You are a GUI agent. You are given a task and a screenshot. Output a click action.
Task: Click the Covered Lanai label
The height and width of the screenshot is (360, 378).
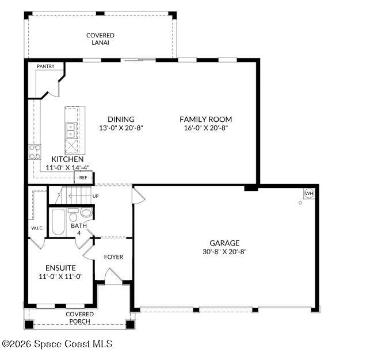click(x=100, y=39)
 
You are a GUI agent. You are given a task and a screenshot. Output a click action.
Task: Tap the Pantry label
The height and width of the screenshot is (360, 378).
click(x=45, y=67)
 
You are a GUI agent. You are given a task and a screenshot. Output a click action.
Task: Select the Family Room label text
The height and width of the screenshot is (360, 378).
click(x=205, y=120)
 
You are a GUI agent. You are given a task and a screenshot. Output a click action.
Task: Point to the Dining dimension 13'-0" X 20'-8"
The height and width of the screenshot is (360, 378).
click(x=120, y=128)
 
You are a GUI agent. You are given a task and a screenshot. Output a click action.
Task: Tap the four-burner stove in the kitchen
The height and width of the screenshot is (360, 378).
click(x=35, y=152)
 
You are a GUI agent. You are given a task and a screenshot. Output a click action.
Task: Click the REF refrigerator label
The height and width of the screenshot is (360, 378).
click(x=83, y=178)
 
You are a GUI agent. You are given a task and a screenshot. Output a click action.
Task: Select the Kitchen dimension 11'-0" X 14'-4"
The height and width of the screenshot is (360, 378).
click(x=67, y=168)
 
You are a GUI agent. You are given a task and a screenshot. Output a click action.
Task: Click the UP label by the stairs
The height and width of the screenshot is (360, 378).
click(x=96, y=197)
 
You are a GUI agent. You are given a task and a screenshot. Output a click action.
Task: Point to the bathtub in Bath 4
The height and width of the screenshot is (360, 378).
click(x=58, y=223)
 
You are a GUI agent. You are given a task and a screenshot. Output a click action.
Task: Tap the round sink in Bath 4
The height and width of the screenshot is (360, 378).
click(x=86, y=213)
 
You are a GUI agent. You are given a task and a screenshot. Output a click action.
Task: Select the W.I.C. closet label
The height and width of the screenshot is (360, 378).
click(x=37, y=229)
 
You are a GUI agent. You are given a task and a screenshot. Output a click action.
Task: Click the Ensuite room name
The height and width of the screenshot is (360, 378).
click(x=60, y=268)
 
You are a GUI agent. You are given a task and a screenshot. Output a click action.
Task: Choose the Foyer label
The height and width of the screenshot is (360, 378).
click(x=113, y=257)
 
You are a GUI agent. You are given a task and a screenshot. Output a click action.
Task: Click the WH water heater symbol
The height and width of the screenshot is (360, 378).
click(x=308, y=193)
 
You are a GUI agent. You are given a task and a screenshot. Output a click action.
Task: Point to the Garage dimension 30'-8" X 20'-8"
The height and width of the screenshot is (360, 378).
click(x=224, y=251)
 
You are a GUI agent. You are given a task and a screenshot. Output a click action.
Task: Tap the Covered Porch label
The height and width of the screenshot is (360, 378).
click(x=79, y=317)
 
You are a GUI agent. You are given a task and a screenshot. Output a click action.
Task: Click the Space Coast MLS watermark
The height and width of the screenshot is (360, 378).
click(x=58, y=344)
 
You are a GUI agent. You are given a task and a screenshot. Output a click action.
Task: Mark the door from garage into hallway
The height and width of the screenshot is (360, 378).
click(x=138, y=196)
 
